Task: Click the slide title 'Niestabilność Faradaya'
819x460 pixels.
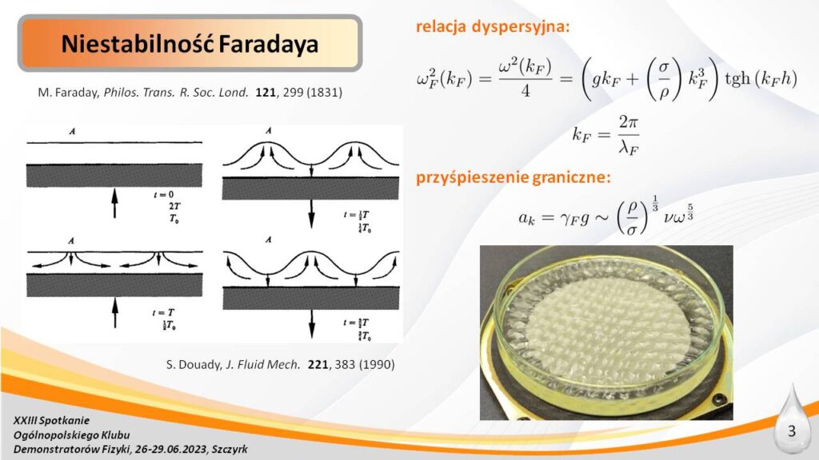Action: [x=190, y=44]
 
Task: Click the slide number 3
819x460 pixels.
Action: [x=792, y=431]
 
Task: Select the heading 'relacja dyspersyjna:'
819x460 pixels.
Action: [x=493, y=26]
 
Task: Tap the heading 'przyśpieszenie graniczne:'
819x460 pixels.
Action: [x=513, y=178]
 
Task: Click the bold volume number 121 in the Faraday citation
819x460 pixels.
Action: [x=266, y=93]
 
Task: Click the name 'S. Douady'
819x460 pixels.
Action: [x=194, y=364]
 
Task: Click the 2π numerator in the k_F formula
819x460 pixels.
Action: [x=629, y=122]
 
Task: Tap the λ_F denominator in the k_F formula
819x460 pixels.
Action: [x=629, y=148]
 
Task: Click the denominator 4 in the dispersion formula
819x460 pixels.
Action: [x=525, y=91]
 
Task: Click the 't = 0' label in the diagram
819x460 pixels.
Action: [x=164, y=195]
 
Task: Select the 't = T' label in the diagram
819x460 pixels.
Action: [x=163, y=313]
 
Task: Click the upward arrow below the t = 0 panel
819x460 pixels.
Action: [x=115, y=204]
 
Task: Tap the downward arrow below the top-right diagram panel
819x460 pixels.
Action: [x=311, y=214]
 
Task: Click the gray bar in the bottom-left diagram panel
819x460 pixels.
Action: [x=114, y=285]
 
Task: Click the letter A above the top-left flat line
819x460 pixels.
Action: [x=73, y=132]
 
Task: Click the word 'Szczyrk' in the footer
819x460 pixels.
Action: [x=230, y=449]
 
